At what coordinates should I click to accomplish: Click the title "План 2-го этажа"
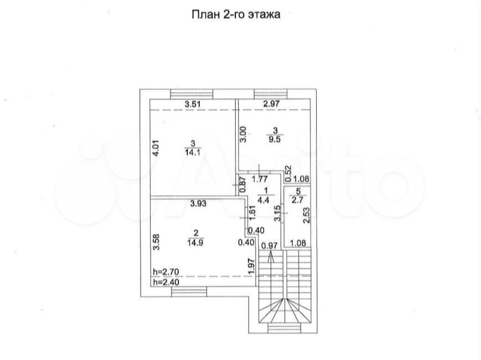click(x=236, y=14)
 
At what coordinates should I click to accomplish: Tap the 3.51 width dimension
click(x=193, y=104)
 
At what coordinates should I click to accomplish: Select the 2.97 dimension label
click(x=271, y=104)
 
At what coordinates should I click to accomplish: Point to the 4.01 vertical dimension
click(x=156, y=149)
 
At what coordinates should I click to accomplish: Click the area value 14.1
click(x=193, y=152)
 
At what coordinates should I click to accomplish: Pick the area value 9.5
click(x=275, y=139)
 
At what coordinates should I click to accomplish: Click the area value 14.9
click(x=196, y=243)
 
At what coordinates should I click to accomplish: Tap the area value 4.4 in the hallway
click(x=266, y=200)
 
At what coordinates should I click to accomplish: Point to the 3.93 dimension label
click(x=198, y=204)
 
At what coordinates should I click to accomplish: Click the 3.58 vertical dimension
click(x=157, y=242)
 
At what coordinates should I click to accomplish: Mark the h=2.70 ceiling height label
click(x=166, y=272)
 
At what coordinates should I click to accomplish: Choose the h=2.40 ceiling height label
click(x=166, y=282)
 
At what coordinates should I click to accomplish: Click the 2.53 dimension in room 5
click(x=306, y=216)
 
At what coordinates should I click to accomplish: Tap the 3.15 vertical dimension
click(x=277, y=213)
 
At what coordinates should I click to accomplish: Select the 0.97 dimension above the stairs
click(x=270, y=246)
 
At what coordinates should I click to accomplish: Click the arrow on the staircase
click(x=271, y=257)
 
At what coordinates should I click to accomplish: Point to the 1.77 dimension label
click(x=260, y=179)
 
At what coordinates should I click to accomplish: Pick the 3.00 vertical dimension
click(x=242, y=134)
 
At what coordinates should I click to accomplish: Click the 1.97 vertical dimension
click(x=251, y=267)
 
